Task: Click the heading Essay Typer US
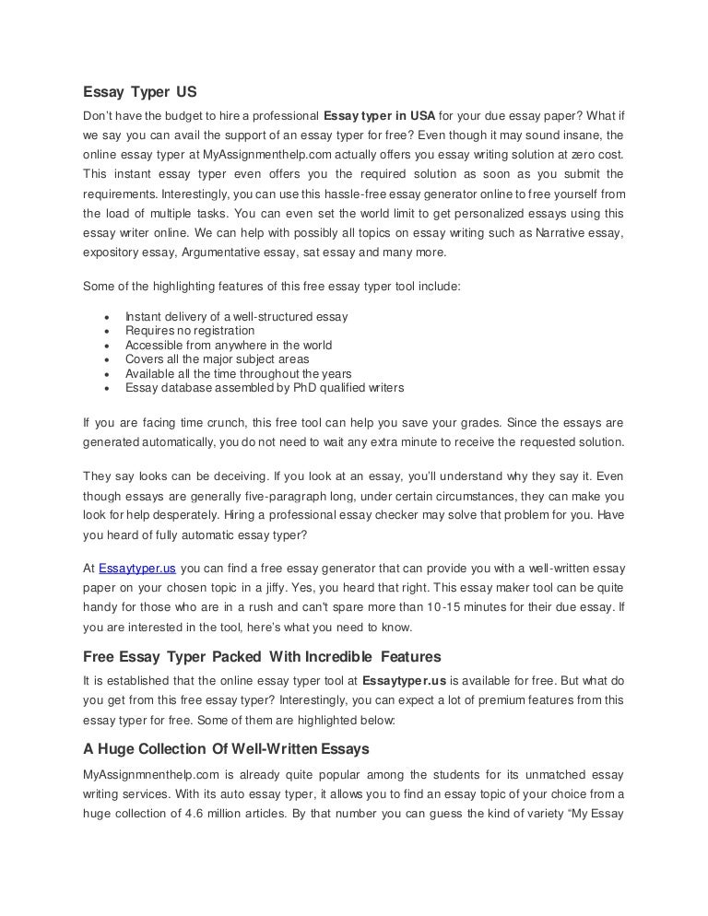[140, 92]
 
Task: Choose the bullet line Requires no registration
[190, 331]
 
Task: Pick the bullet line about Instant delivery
[236, 316]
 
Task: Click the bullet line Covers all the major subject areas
[217, 359]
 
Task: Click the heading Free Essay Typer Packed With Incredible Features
[249, 657]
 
